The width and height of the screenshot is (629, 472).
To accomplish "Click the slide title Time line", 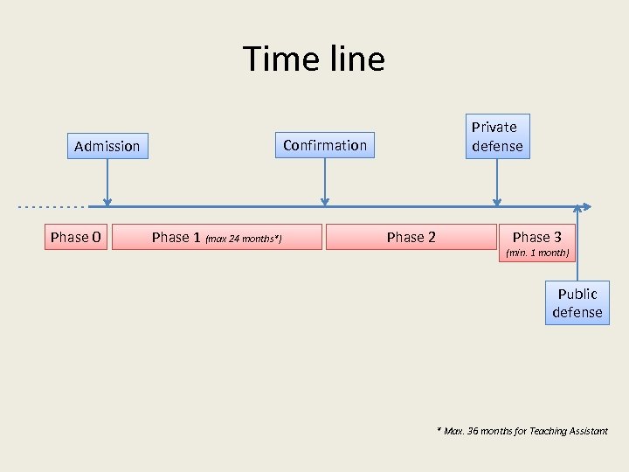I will tap(314, 59).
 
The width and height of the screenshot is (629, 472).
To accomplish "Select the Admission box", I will tap(107, 146).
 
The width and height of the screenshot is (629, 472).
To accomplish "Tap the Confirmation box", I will tap(325, 145).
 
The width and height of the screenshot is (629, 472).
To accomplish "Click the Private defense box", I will tap(496, 136).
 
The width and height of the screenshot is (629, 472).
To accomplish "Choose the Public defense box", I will tap(577, 302).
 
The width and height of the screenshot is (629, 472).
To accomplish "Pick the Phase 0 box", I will tap(76, 237).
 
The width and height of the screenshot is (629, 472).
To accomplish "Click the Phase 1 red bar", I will tap(217, 237).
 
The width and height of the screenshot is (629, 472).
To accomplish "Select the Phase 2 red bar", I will tap(411, 237).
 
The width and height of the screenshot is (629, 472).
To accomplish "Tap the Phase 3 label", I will tap(537, 237).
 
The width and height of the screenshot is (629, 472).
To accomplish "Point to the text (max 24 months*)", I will tap(243, 239).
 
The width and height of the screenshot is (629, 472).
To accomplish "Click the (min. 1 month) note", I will tap(537, 253).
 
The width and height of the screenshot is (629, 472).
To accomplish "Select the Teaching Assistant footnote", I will tap(522, 431).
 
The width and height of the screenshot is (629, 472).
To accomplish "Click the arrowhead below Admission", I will tap(107, 202).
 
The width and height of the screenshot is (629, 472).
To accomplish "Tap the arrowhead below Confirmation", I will tap(325, 202).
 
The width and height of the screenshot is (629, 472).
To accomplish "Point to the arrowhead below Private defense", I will tap(497, 202).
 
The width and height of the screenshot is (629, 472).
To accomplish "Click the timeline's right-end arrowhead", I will tap(587, 207).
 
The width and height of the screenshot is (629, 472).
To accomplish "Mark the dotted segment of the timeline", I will tap(52, 207).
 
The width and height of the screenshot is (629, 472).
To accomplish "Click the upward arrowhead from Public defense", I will tap(577, 210).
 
